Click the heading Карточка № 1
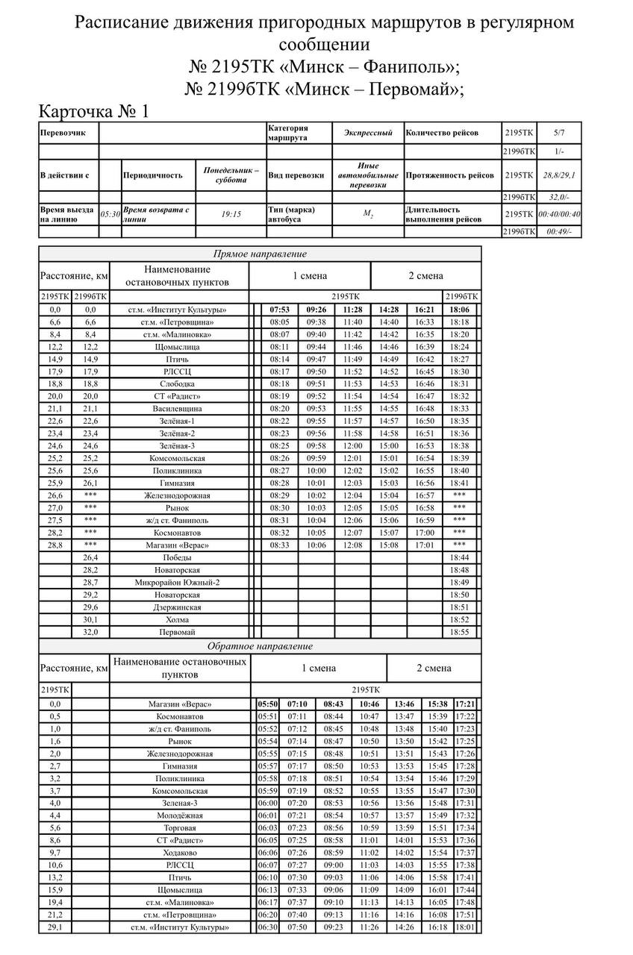[x=94, y=111]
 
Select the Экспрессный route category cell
[x=368, y=133]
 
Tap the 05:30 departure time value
[x=110, y=214]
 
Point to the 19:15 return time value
[x=231, y=214]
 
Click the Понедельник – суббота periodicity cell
[x=231, y=175]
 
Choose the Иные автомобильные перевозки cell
[x=368, y=175]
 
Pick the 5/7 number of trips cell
[x=559, y=133]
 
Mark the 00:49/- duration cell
[x=559, y=231]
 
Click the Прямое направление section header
[x=260, y=254]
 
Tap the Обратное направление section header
[x=260, y=646]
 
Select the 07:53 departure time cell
[x=280, y=310]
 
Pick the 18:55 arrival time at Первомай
[x=460, y=632]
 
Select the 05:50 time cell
[x=267, y=704]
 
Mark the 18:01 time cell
[x=465, y=927]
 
